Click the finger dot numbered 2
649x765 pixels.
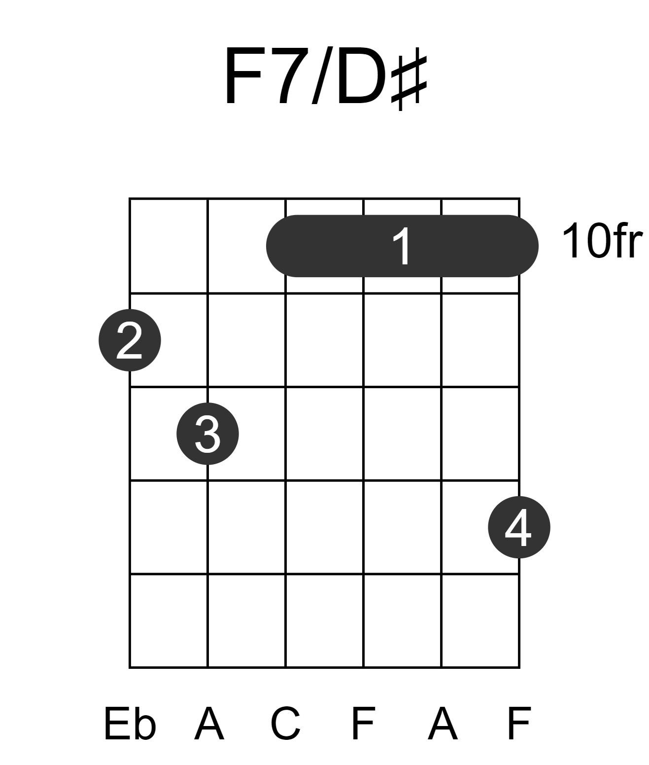[x=130, y=340]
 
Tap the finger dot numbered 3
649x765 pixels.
[x=207, y=434]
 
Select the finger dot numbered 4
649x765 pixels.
[x=519, y=527]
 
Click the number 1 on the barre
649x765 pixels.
[x=402, y=246]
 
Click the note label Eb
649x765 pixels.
[x=130, y=724]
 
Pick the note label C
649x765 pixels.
[x=285, y=724]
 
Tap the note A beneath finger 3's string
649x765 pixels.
[x=209, y=724]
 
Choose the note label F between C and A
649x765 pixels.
[x=363, y=724]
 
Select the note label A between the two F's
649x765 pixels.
[x=443, y=724]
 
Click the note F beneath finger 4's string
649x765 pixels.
[x=519, y=724]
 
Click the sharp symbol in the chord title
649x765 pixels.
[x=409, y=79]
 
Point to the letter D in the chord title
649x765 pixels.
[x=361, y=76]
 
